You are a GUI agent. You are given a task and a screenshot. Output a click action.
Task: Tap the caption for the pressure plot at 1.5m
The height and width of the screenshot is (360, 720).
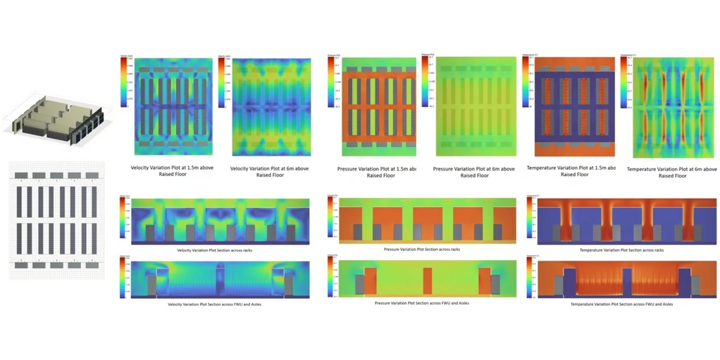(x=372, y=171)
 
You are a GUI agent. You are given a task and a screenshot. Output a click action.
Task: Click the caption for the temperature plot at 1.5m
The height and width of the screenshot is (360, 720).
(x=571, y=170)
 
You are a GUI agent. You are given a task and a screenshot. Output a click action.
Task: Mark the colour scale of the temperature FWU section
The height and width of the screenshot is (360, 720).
(x=529, y=277)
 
